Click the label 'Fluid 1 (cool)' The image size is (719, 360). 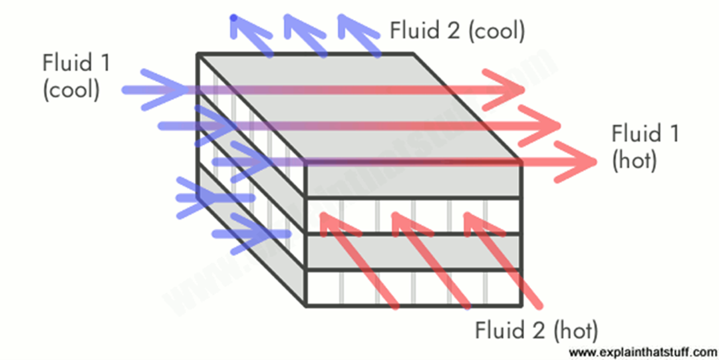coord(76,77)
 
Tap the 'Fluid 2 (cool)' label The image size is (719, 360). coord(458,30)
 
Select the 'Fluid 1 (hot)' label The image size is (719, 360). coord(645,147)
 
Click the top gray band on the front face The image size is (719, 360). coord(412,179)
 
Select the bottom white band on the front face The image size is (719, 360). coord(412,288)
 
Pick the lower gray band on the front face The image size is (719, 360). coord(412,252)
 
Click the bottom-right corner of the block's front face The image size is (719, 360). coord(519,306)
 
